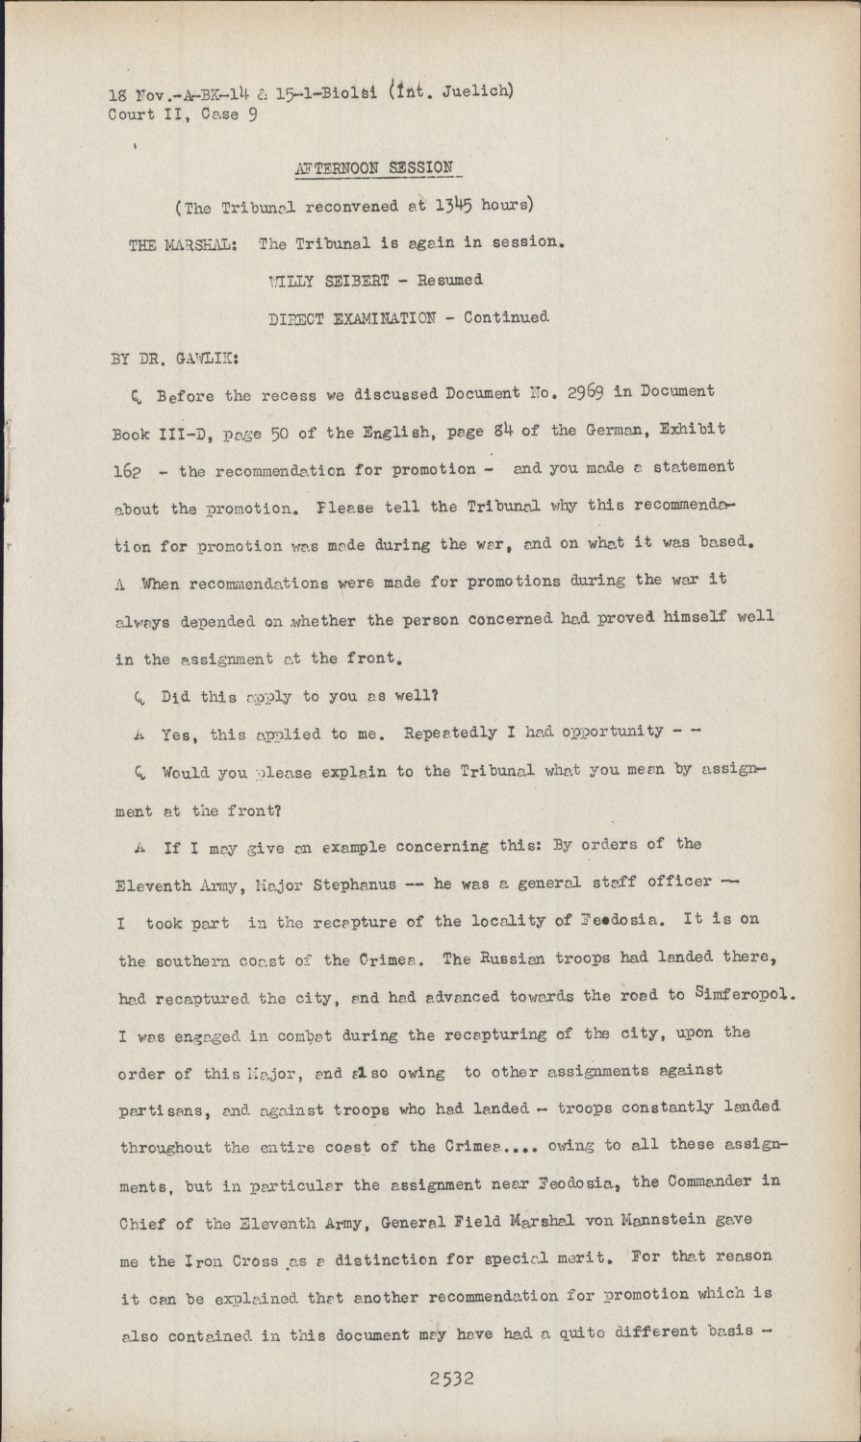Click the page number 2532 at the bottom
click(451, 1378)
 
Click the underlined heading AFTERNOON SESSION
click(373, 168)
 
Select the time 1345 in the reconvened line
click(453, 205)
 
